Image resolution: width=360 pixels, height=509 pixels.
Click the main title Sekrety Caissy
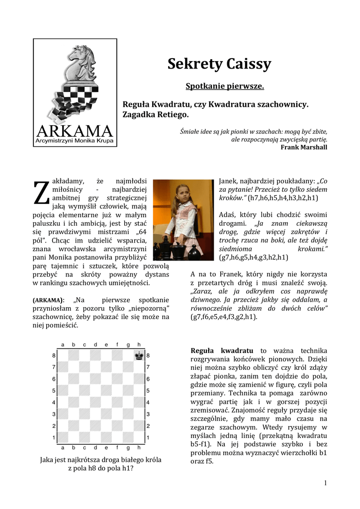(x=219, y=64)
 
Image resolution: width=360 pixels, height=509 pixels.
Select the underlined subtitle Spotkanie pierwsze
(x=225, y=86)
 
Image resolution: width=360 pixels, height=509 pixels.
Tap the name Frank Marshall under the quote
(x=304, y=147)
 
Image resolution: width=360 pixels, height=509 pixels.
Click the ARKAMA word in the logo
(x=75, y=131)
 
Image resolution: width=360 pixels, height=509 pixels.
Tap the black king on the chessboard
(x=139, y=355)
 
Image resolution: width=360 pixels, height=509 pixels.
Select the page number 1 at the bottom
(x=325, y=483)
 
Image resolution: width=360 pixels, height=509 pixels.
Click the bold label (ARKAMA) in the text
(x=48, y=301)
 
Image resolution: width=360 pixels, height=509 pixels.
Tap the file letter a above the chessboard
(x=63, y=344)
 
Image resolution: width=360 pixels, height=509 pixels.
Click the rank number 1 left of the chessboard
(x=54, y=437)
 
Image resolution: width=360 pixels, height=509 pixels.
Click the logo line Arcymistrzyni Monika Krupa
(x=75, y=142)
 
